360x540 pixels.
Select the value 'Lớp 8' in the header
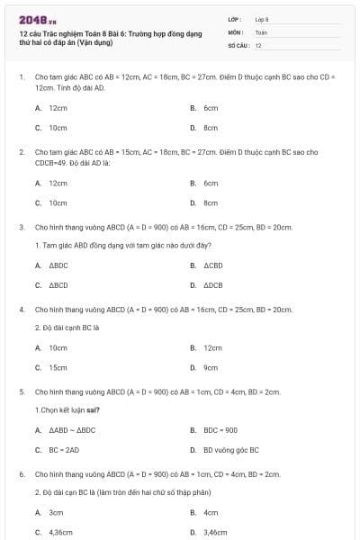[x=262, y=19]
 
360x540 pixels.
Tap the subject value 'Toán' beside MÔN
[x=261, y=31]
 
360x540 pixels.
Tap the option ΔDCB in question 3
[x=212, y=285]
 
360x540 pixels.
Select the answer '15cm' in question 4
[x=58, y=367]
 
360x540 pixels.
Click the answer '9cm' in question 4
[x=211, y=367]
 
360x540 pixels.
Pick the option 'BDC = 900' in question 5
[x=220, y=430]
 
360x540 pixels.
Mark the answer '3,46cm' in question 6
[x=216, y=533]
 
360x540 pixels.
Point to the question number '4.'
[x=22, y=310]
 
